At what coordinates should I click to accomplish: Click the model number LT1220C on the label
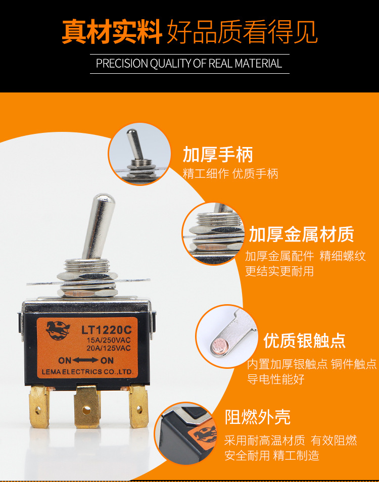pos(106,330)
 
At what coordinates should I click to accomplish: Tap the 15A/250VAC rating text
pos(109,341)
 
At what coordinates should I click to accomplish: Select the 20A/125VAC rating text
pos(109,348)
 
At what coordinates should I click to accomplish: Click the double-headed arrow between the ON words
pos(85,360)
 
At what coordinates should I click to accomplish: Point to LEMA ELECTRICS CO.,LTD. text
pos(87,372)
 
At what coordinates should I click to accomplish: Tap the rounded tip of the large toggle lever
pos(105,198)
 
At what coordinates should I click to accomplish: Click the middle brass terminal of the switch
pos(87,407)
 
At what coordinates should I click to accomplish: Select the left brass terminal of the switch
pos(39,407)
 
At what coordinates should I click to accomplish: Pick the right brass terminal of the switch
pos(138,406)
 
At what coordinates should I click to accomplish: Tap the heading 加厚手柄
pos(218,154)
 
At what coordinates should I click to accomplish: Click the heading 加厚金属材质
pos(302,234)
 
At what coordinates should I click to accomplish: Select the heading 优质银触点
pos(305,341)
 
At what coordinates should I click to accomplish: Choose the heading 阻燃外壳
pos(258,417)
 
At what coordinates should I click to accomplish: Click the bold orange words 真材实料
pos(112,32)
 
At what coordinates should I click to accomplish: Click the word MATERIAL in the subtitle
pos(258,64)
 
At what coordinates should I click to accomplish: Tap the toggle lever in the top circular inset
pos(134,144)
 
